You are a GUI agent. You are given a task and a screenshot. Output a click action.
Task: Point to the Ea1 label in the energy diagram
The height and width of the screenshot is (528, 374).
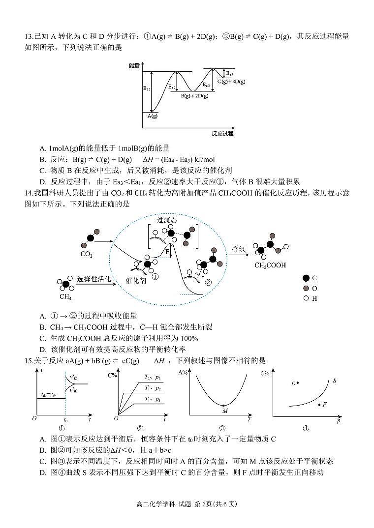tap(147, 89)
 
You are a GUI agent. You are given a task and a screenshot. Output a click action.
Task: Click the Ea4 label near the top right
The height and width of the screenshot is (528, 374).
tap(230, 73)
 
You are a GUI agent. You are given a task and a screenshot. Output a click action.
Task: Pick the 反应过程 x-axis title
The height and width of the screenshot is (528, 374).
tap(222, 133)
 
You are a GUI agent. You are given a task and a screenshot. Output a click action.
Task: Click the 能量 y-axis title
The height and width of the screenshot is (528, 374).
tap(134, 65)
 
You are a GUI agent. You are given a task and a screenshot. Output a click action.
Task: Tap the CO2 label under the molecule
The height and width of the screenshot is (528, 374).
tap(86, 255)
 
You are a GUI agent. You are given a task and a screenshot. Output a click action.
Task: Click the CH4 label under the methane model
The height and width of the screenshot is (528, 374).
tap(65, 296)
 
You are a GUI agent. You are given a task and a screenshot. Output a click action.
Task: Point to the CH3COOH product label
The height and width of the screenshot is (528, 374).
tap(270, 265)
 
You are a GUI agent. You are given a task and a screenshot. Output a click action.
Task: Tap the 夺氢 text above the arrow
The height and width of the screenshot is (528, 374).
tap(239, 249)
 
